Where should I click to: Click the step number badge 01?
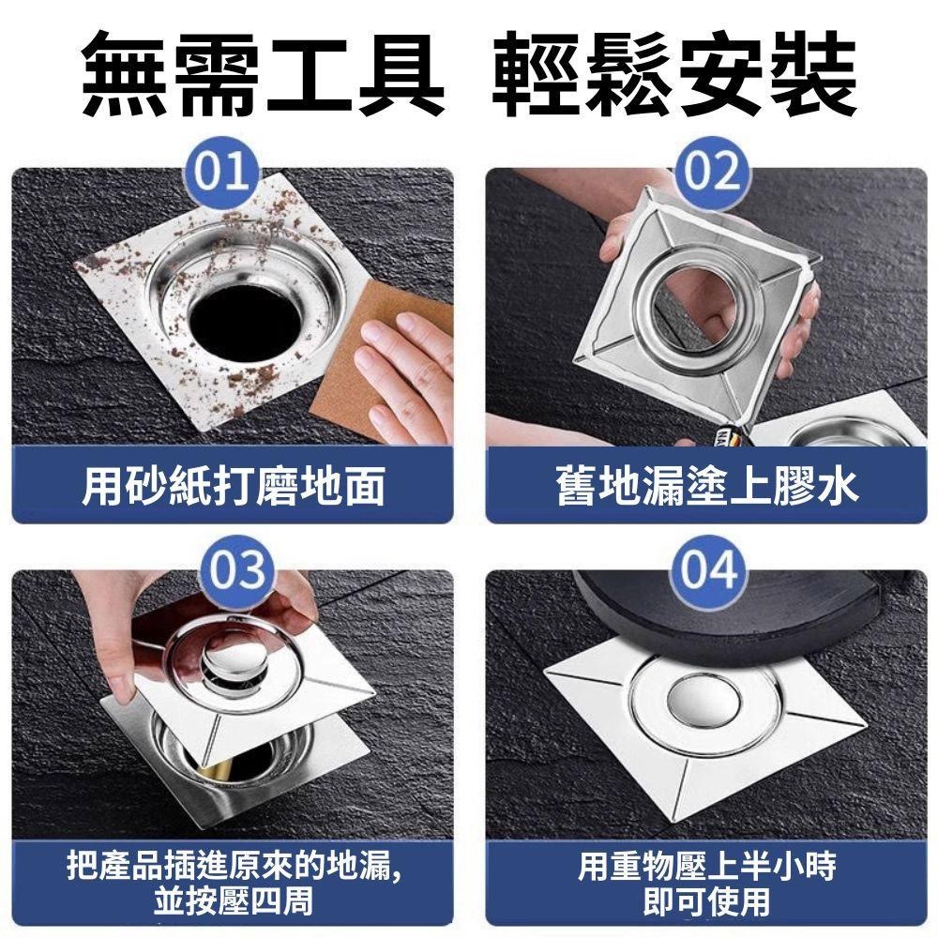tap(230, 171)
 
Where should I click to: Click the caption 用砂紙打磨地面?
tap(233, 487)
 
